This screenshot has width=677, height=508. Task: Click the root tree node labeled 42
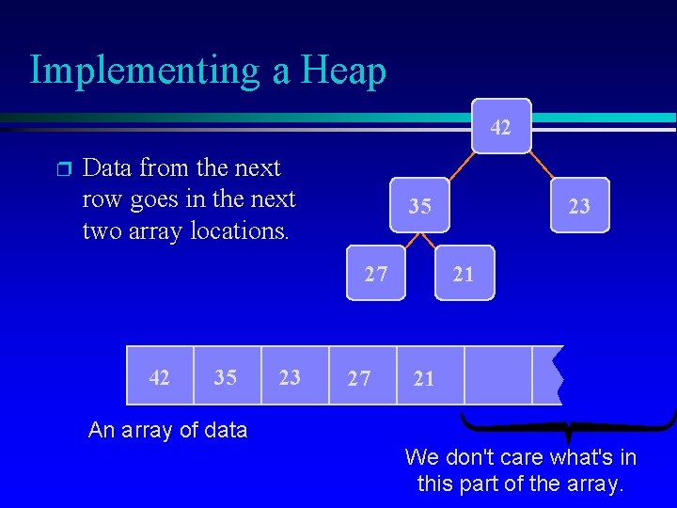click(502, 126)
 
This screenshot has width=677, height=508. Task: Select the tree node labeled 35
click(420, 205)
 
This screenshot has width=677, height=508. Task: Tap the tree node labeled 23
click(579, 205)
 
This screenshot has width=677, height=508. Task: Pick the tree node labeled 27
click(376, 274)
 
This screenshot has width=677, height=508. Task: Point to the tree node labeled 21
click(464, 274)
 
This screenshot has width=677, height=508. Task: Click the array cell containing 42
click(160, 377)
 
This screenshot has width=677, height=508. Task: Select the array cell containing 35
click(226, 377)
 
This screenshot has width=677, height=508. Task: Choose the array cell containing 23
click(291, 377)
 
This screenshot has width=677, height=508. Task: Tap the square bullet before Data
click(62, 169)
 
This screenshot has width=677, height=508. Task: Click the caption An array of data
click(167, 431)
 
